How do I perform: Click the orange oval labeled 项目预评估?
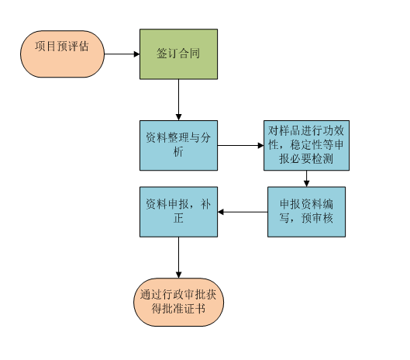coord(62,54)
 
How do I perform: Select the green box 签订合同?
coord(178,54)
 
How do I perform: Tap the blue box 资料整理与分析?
coord(178,146)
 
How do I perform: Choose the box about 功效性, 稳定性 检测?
coord(306,146)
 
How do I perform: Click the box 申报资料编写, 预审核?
coord(306,212)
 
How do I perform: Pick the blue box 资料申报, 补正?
coord(178,212)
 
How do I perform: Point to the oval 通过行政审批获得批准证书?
coord(178,302)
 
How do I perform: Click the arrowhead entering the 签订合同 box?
coord(136,54)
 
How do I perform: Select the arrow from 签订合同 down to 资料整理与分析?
coord(178,100)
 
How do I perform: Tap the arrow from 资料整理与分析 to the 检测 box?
coord(240,146)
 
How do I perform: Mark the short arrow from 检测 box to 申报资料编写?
coord(306,178)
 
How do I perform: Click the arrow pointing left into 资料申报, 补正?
coord(243,212)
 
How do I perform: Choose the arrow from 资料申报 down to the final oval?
coord(178,258)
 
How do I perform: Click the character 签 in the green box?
coord(162,54)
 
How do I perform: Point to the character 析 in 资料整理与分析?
coord(178,151)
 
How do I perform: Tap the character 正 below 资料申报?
coord(178,218)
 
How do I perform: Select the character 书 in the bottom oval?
coord(200,309)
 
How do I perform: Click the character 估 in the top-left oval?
coord(84,47)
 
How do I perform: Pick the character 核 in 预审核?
coord(328,218)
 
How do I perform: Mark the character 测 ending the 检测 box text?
coord(328,158)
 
